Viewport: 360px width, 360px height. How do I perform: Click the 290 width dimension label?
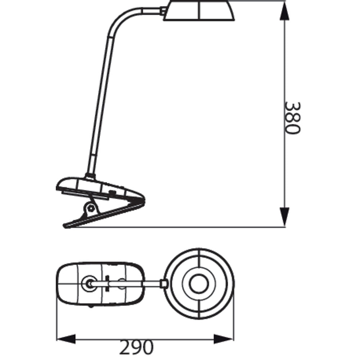click(136, 347)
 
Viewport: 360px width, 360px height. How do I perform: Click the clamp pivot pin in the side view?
click(91, 208)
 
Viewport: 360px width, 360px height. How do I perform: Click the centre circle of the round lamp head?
click(198, 283)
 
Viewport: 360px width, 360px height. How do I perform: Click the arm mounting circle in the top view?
click(88, 284)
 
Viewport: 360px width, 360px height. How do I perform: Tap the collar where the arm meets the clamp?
click(90, 176)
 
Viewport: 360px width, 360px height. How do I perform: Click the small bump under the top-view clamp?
click(90, 306)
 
